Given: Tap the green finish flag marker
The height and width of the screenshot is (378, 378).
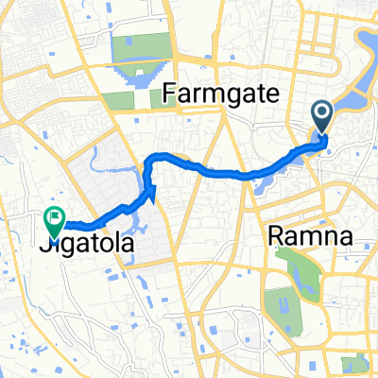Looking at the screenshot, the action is point(54,219).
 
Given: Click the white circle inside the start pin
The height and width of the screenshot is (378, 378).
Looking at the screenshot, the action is point(322,114).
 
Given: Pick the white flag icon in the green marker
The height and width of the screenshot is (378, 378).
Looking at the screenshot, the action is point(54,216).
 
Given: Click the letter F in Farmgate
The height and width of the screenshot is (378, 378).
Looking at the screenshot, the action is point(171,94).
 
